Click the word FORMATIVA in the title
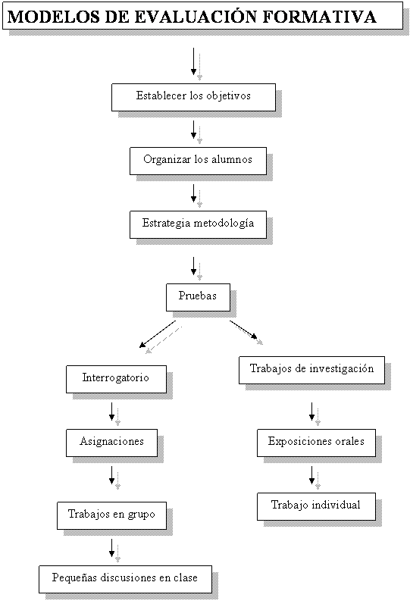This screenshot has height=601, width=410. coord(320,17)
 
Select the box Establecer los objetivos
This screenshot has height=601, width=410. coord(193,97)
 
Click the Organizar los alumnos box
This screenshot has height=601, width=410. coord(198,161)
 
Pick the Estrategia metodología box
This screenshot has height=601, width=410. coord(198,224)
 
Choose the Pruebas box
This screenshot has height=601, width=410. coord(198,297)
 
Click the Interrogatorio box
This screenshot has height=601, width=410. coord(116,379)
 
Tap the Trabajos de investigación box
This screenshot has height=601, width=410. coord(311,371)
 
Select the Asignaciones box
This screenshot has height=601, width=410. coord(111,443)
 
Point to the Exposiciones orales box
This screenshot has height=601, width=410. coord(316,443)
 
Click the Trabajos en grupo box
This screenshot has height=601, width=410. coord(111,515)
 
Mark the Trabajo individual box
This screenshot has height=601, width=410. coord(316,506)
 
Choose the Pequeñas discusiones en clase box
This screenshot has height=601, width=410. coord(125,579)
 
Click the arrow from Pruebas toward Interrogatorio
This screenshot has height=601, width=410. coord(158,333)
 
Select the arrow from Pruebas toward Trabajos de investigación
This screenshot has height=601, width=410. coord(243,330)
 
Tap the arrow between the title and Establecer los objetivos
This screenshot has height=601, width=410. coord(193,61)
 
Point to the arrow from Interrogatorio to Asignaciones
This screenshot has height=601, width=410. coord(112,412)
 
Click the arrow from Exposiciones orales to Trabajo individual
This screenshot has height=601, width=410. coord(312,475)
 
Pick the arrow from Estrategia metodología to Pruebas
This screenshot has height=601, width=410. coord(193,266)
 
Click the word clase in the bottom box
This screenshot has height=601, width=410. coord(186,578)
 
